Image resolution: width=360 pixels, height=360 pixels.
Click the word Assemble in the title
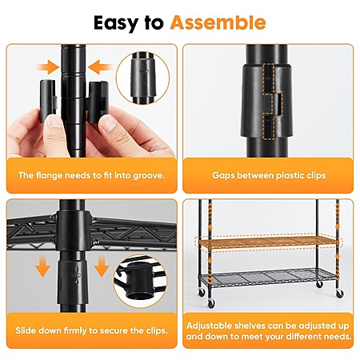click(x=218, y=22)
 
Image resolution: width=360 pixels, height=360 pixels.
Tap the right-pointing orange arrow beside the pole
click(x=49, y=67)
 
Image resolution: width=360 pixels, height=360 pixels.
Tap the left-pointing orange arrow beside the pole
click(x=99, y=67)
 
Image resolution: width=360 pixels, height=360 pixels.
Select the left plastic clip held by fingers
click(x=48, y=101)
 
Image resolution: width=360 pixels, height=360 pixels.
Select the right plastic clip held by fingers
click(x=98, y=102)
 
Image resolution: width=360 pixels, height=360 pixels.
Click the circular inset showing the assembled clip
click(x=142, y=78)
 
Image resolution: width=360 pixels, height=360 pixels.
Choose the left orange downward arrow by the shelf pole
click(x=42, y=266)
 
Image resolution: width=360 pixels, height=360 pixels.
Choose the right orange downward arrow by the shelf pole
click(x=102, y=266)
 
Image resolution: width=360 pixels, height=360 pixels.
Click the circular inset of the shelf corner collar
click(x=140, y=282)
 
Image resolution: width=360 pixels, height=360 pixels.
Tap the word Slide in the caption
click(x=26, y=330)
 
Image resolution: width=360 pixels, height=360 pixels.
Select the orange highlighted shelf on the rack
click(x=268, y=242)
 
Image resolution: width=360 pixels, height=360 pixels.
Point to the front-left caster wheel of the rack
click(x=211, y=303)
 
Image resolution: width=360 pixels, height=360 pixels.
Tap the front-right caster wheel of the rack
click(x=339, y=294)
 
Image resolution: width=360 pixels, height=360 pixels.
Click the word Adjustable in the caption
click(x=210, y=326)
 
